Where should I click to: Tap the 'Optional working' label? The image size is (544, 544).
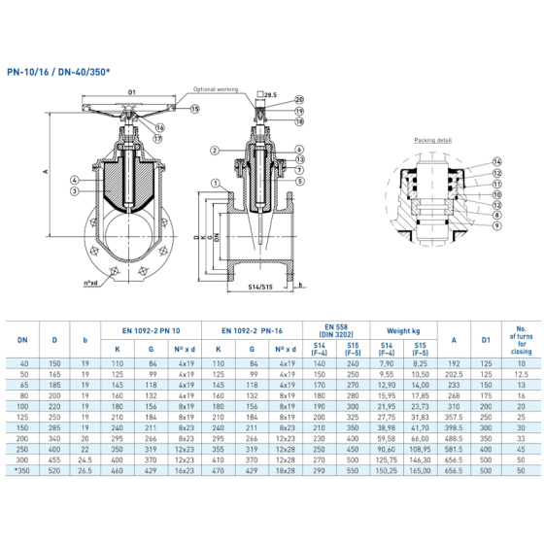point(216,88)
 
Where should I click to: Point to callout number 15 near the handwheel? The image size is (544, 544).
point(193,110)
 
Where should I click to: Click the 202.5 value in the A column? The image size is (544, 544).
point(454,373)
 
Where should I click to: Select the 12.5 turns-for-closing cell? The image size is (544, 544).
point(521,373)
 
